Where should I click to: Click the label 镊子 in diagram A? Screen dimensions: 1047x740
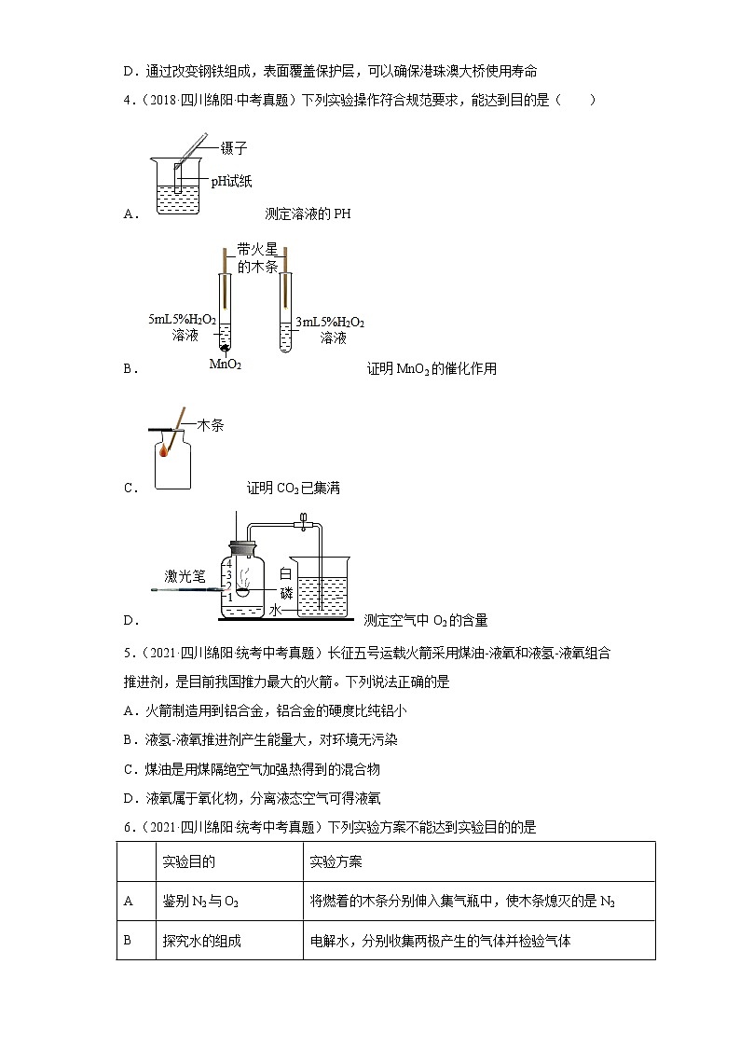coord(234,148)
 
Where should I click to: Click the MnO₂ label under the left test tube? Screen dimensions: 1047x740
coord(226,364)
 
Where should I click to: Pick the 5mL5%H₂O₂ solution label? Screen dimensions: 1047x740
coord(183,327)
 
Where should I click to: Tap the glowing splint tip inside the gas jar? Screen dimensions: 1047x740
coord(164,452)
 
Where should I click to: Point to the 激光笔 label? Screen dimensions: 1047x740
coord(184,576)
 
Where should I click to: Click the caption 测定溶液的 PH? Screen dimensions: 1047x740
coord(308,214)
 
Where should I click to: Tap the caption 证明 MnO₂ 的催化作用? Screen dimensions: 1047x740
coord(432,369)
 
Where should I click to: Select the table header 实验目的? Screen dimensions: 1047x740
coord(189,861)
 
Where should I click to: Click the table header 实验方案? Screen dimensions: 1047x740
coord(336,861)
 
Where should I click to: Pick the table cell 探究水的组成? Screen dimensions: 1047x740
coord(202,941)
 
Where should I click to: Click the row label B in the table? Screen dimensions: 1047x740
coord(129,941)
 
